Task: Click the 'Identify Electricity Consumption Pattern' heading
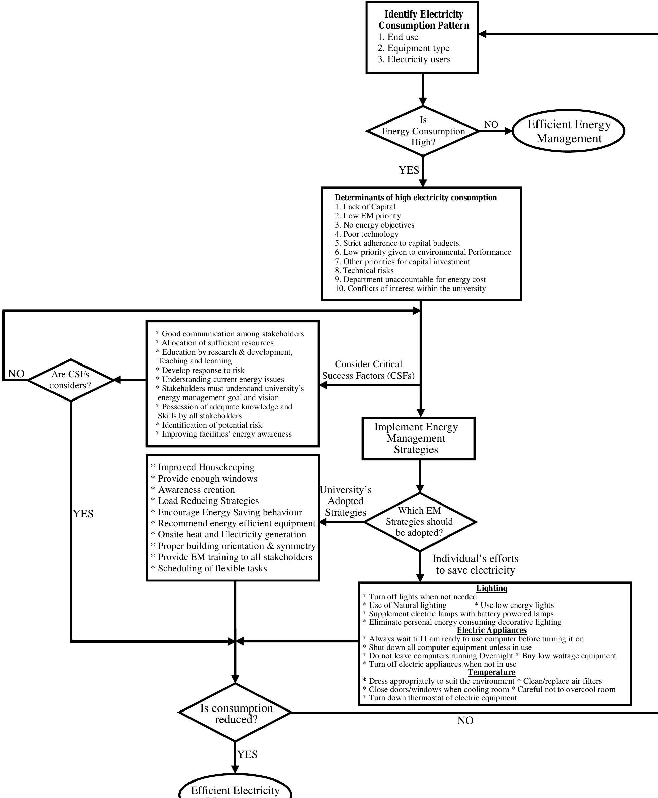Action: [x=423, y=20]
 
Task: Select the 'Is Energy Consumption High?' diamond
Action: [x=423, y=131]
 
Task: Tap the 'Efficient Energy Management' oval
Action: [x=568, y=131]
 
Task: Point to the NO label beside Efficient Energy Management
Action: [x=491, y=124]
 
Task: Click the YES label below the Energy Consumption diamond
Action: [x=409, y=170]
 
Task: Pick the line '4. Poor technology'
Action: [x=367, y=234]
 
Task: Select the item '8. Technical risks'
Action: [x=364, y=271]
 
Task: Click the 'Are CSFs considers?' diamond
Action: [x=70, y=380]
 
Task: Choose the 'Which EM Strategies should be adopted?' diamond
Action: [x=420, y=522]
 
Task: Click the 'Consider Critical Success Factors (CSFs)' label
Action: [x=369, y=370]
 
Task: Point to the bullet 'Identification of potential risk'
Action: [x=211, y=425]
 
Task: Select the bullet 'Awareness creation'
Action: [x=196, y=490]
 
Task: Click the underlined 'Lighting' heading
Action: [x=492, y=588]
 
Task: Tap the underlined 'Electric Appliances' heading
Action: [x=492, y=630]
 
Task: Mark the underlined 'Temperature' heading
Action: [x=492, y=672]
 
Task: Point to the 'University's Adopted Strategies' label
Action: [x=346, y=501]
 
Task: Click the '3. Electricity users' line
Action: [x=414, y=60]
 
